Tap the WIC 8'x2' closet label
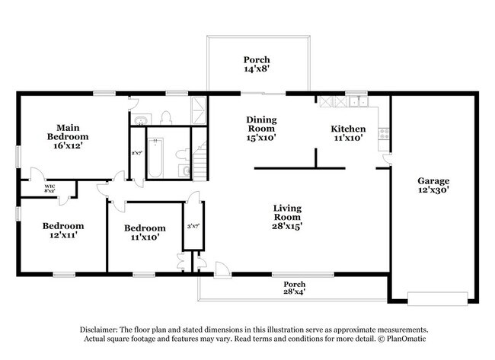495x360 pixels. (x=49, y=188)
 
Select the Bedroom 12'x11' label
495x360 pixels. (x=62, y=231)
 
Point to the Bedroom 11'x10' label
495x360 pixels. (x=145, y=232)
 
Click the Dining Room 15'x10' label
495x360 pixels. (x=260, y=129)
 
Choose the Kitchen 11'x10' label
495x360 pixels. (x=347, y=134)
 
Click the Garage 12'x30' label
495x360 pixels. (x=433, y=186)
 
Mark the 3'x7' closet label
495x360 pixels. (x=193, y=226)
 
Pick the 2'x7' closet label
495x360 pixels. (x=136, y=154)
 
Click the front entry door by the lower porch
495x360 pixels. (x=220, y=269)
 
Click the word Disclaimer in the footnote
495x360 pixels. (x=104, y=329)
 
